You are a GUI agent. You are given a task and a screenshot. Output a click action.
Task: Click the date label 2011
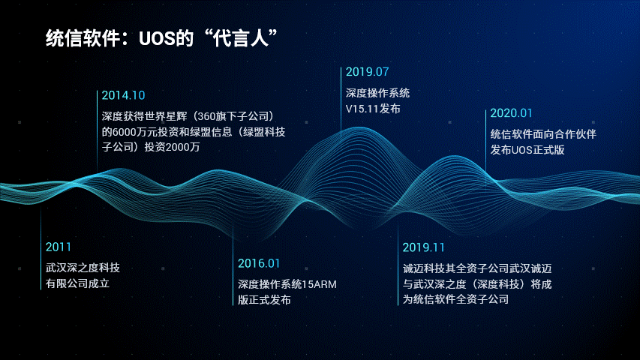pyautogui.click(x=59, y=247)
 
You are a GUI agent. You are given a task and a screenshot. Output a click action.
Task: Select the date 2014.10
pyautogui.click(x=123, y=95)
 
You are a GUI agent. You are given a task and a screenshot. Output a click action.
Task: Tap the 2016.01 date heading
pyautogui.click(x=259, y=264)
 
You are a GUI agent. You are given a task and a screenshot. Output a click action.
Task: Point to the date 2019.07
pyautogui.click(x=367, y=72)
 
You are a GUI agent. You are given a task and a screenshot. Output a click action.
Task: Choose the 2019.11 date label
pyautogui.click(x=423, y=247)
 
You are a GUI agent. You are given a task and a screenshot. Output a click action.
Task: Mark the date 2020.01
pyautogui.click(x=511, y=113)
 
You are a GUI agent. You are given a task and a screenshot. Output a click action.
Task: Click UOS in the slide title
pyautogui.click(x=157, y=39)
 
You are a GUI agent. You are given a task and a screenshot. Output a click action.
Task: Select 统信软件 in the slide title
pyautogui.click(x=83, y=39)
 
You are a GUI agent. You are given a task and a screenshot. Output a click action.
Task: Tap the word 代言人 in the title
pyautogui.click(x=240, y=39)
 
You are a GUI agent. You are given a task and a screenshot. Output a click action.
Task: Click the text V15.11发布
pyautogui.click(x=373, y=109)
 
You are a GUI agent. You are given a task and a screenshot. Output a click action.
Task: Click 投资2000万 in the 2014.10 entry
pyautogui.click(x=172, y=147)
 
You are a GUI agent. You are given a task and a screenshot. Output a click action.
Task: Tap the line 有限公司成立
pyautogui.click(x=77, y=283)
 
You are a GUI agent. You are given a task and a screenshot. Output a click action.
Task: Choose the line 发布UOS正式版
pyautogui.click(x=527, y=150)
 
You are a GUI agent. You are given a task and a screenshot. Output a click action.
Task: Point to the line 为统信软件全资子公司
pyautogui.click(x=455, y=299)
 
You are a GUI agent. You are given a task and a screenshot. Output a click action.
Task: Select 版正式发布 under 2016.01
pyautogui.click(x=265, y=300)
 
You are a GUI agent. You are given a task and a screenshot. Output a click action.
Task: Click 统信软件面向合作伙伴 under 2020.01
pyautogui.click(x=543, y=134)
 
